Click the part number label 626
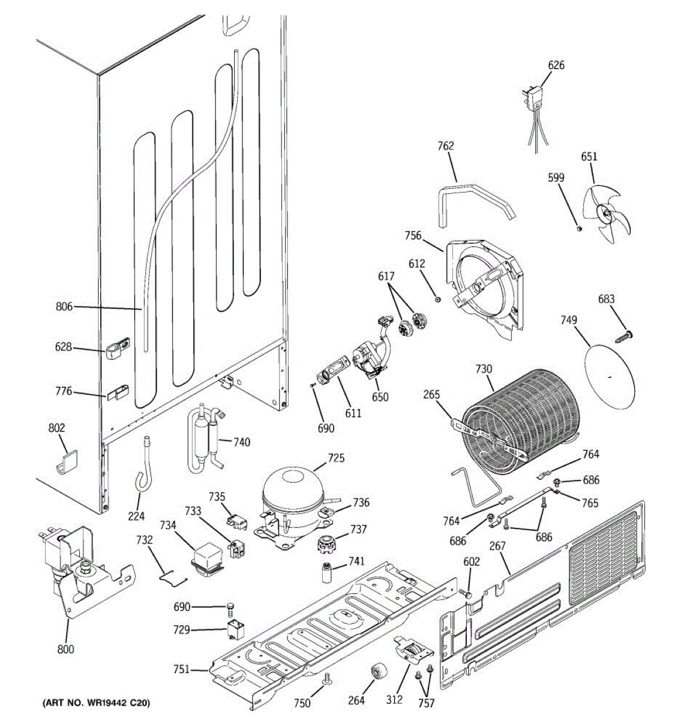pyautogui.click(x=556, y=65)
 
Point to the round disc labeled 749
pyautogui.click(x=610, y=376)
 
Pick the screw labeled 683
pyautogui.click(x=624, y=337)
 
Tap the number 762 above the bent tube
pyautogui.click(x=445, y=146)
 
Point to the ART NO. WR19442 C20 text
pyautogui.click(x=96, y=703)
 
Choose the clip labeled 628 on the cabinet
pyautogui.click(x=118, y=348)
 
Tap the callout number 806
pyautogui.click(x=64, y=307)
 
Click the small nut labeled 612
pyautogui.click(x=438, y=299)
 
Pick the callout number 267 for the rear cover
pyautogui.click(x=497, y=545)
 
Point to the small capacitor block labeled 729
pyautogui.click(x=235, y=630)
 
